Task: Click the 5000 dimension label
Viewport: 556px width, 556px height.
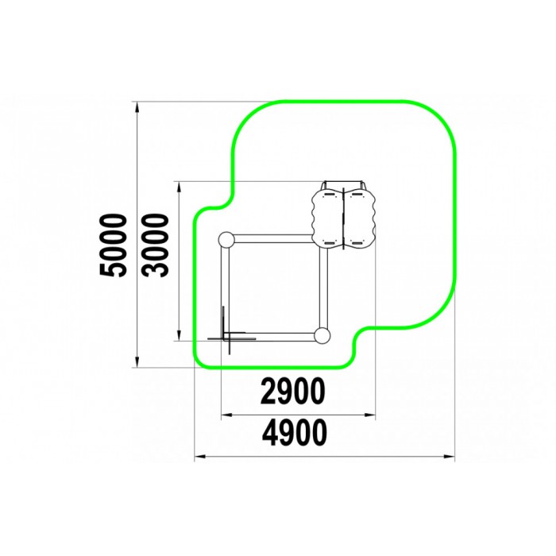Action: (x=113, y=245)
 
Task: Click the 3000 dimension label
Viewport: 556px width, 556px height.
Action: (x=155, y=245)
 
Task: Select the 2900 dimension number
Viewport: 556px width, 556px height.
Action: (x=292, y=391)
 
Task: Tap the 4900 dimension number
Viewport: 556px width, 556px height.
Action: (x=295, y=433)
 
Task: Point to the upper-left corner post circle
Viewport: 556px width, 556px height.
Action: (x=226, y=241)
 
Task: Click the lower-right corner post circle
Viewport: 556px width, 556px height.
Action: (x=322, y=335)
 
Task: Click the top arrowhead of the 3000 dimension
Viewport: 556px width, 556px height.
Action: (x=179, y=187)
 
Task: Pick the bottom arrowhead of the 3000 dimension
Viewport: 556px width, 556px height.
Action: (x=179, y=335)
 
